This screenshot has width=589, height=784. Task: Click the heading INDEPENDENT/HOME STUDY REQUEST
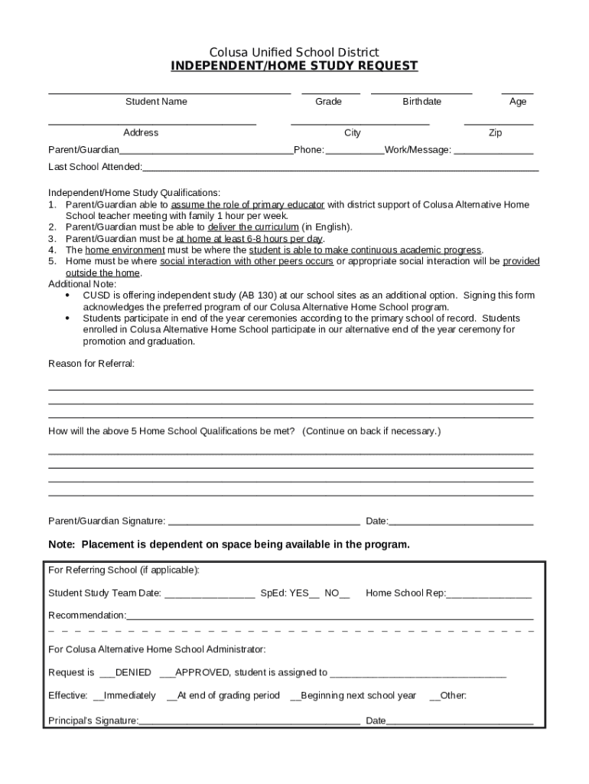click(294, 66)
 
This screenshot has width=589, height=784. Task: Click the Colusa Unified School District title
click(294, 52)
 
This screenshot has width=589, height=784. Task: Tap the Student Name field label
click(156, 102)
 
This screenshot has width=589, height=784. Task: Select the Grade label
click(328, 102)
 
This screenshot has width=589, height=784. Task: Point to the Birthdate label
click(421, 102)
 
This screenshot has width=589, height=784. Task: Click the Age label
click(518, 102)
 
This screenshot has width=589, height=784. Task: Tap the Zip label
click(496, 133)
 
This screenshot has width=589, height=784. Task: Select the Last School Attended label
click(95, 167)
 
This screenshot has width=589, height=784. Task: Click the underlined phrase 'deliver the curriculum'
click(253, 227)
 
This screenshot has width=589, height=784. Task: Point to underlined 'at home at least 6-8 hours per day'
click(249, 239)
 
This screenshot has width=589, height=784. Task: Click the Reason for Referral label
click(91, 364)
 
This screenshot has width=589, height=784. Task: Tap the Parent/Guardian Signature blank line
click(264, 523)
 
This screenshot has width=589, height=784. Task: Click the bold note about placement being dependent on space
click(229, 545)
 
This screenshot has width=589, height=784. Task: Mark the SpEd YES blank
click(314, 594)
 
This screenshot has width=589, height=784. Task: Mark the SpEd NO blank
click(345, 594)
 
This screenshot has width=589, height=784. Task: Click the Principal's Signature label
click(93, 721)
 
